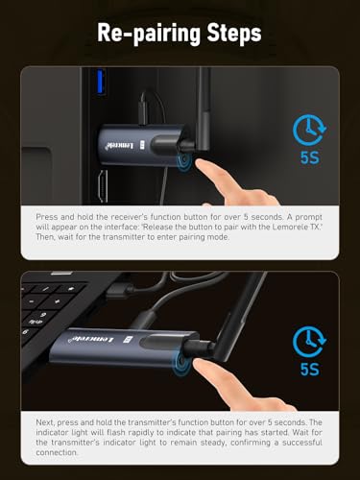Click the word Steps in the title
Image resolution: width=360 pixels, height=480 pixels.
pyautogui.click(x=234, y=33)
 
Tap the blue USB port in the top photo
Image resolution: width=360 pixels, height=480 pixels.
pyautogui.click(x=101, y=82)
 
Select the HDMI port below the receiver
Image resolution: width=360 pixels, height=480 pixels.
pyautogui.click(x=103, y=186)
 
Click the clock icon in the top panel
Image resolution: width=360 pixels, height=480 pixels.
pyautogui.click(x=309, y=130)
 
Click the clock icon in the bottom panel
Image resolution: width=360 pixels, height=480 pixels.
pyautogui.click(x=309, y=342)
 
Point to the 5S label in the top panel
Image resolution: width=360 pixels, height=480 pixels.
pyautogui.click(x=310, y=157)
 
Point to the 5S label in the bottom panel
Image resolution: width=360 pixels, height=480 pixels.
pyautogui.click(x=310, y=370)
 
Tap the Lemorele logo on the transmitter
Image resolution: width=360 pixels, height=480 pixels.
pyautogui.click(x=92, y=340)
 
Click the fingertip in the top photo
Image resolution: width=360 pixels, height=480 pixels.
pyautogui.click(x=201, y=164)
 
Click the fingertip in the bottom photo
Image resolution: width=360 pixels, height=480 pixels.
pyautogui.click(x=199, y=364)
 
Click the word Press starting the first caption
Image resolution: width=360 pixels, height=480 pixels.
pyautogui.click(x=46, y=217)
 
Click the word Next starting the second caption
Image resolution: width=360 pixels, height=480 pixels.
pyautogui.click(x=45, y=422)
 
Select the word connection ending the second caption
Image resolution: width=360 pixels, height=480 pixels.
pyautogui.click(x=57, y=453)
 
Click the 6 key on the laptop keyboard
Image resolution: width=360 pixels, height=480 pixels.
pyautogui.click(x=26, y=331)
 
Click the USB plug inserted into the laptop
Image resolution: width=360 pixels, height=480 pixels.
pyautogui.click(x=119, y=290)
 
